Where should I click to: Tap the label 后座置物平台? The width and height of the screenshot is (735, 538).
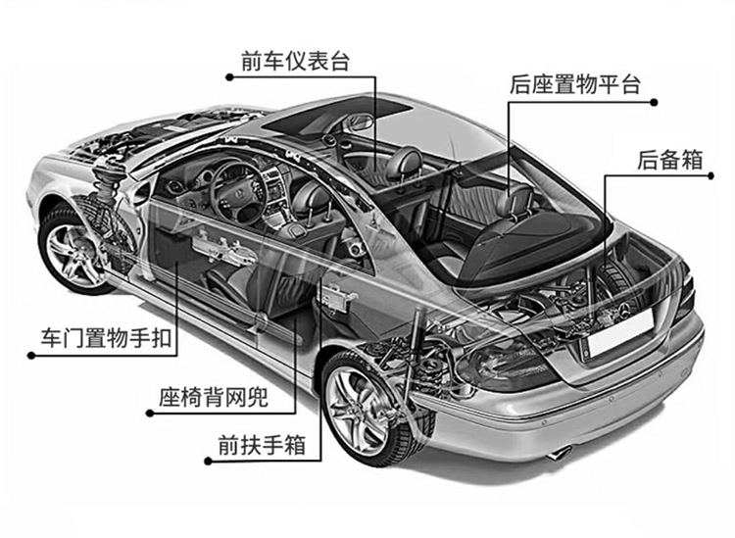pos(575,85)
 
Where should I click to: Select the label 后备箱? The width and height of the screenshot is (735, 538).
pos(669,160)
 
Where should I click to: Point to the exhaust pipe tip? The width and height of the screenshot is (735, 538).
pos(559,454)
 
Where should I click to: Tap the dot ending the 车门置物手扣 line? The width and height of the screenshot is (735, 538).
pos(32,356)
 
